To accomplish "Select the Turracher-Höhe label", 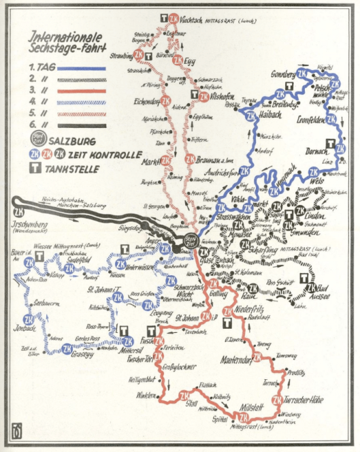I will coord(304,400).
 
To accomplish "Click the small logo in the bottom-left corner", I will coord(15,432).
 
